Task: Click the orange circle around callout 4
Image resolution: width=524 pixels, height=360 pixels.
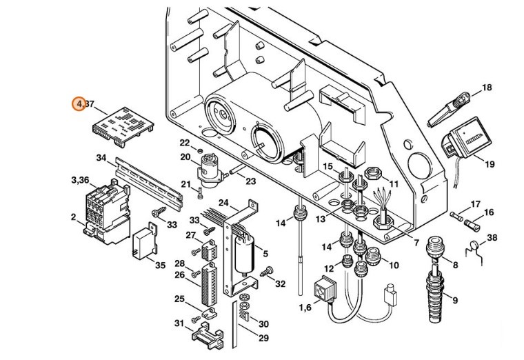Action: click(x=81, y=103)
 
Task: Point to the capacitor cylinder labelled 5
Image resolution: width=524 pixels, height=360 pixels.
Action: click(x=245, y=256)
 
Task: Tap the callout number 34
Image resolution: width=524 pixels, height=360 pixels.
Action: click(x=101, y=158)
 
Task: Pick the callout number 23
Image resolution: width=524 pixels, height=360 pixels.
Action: click(x=250, y=181)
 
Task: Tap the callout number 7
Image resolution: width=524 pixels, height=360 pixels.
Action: click(x=416, y=243)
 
